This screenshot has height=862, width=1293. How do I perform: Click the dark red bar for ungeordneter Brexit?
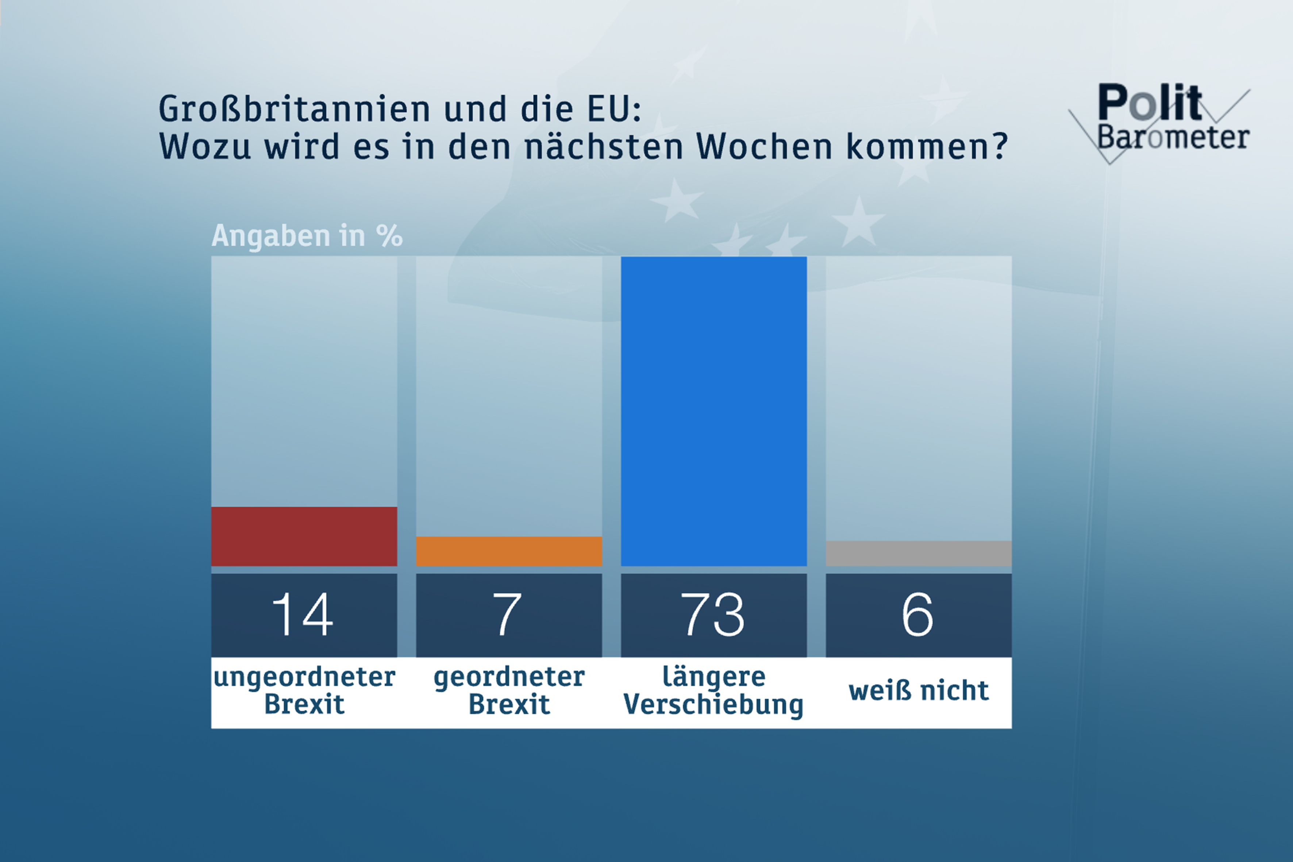(304, 536)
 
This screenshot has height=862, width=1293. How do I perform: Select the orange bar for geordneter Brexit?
(508, 551)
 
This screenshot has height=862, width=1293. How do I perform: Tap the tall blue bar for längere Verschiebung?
(713, 411)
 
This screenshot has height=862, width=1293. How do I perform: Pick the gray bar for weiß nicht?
(918, 553)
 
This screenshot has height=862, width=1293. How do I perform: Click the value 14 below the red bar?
(303, 615)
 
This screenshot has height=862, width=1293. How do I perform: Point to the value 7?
(507, 615)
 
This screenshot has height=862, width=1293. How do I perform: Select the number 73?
(713, 615)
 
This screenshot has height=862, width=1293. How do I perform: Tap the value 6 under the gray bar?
(917, 615)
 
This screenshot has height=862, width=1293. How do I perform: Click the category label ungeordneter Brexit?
(304, 690)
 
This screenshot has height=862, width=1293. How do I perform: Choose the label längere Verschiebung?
(713, 690)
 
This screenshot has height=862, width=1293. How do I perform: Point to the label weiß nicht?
(919, 690)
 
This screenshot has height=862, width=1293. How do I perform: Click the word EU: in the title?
(613, 109)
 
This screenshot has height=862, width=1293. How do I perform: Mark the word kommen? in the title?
(926, 147)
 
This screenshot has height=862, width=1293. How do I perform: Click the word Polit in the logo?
(1149, 103)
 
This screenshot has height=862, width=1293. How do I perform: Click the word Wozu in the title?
(204, 147)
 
